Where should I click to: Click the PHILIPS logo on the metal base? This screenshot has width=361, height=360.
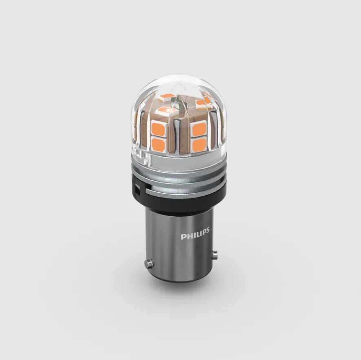click(x=195, y=233)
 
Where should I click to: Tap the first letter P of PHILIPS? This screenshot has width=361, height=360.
click(x=183, y=237)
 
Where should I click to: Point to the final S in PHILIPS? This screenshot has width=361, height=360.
click(x=208, y=230)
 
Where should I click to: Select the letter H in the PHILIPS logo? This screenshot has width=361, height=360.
click(x=187, y=236)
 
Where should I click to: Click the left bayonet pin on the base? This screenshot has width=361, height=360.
click(x=149, y=263)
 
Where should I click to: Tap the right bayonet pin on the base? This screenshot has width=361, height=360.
click(x=215, y=254)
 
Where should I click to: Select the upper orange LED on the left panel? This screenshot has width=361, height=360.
click(x=158, y=128)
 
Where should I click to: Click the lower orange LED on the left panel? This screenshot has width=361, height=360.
click(x=158, y=144)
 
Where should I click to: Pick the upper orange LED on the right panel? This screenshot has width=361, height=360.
click(x=199, y=129)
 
